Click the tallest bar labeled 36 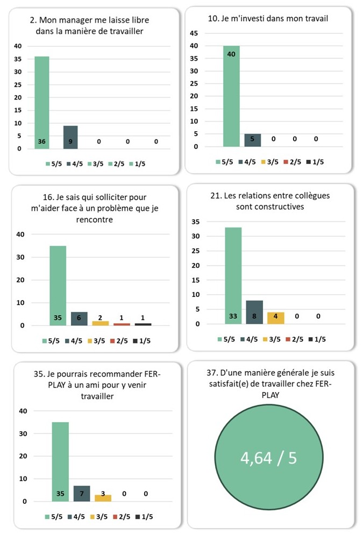pyautogui.click(x=42, y=102)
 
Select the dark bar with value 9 pyautogui.click(x=70, y=137)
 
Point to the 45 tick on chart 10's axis pyautogui.click(x=195, y=33)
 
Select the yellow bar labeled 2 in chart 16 pyautogui.click(x=100, y=323)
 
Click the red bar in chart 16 pyautogui.click(x=122, y=324)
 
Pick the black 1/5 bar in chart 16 pyautogui.click(x=143, y=324)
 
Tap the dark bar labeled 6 pyautogui.click(x=79, y=318)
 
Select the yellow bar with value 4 pyautogui.click(x=275, y=318)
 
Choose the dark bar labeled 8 pyautogui.click(x=254, y=312)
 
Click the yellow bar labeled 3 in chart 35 pyautogui.click(x=102, y=498)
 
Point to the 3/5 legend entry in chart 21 pyautogui.click(x=273, y=339)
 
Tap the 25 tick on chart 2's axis pyautogui.click(x=18, y=85)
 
